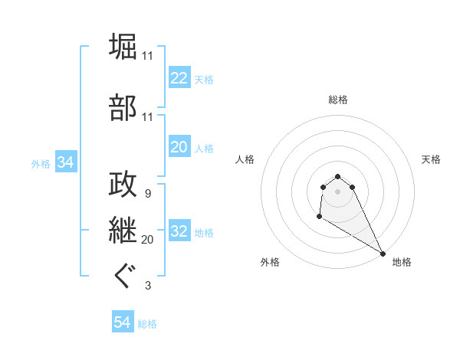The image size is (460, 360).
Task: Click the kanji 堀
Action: coord(123,47)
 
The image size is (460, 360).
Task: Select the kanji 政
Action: coord(123,184)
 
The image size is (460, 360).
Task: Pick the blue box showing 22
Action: coord(179,78)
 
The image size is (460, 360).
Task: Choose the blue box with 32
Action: coord(179,232)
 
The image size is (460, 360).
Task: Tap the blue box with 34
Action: coord(65,163)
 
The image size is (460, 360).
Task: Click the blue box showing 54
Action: coord(122,323)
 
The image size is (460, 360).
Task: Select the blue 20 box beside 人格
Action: coord(179,147)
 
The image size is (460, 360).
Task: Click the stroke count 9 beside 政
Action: coord(147,193)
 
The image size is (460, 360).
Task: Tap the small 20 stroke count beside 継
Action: coord(147,240)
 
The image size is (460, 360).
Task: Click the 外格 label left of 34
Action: coord(41,164)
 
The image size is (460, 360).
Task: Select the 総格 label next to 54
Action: coord(147,324)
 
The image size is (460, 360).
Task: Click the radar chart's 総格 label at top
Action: coord(337,100)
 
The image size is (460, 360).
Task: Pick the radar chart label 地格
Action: coord(402,262)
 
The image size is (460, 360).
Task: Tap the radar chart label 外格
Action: coord(270,262)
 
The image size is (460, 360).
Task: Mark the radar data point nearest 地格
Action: coord(383,254)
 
